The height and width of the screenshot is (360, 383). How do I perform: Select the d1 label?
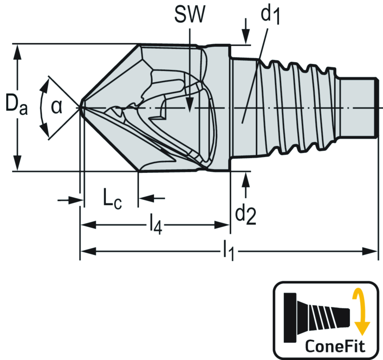click(270, 16)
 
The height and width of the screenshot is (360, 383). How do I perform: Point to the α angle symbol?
click(56, 107)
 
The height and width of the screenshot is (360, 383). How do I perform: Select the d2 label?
click(245, 215)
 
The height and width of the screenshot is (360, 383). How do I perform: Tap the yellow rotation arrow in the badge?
click(360, 312)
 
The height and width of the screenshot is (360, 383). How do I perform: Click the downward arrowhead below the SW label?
click(190, 106)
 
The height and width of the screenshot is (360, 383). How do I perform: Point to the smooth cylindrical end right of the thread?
click(358, 107)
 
